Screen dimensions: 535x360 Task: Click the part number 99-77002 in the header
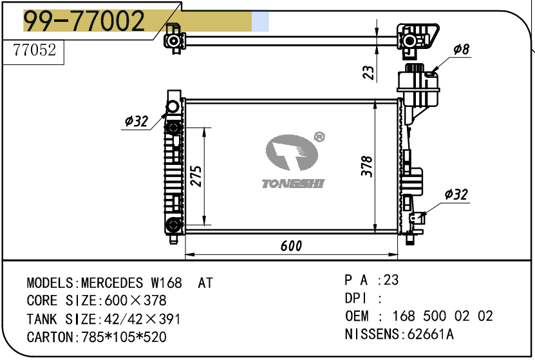click(x=84, y=21)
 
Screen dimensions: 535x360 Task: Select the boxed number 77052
click(x=35, y=50)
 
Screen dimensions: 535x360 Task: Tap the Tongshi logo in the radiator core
click(x=292, y=161)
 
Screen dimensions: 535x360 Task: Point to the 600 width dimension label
click(x=291, y=245)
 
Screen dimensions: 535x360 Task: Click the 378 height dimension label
click(x=367, y=166)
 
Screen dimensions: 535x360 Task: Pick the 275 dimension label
click(x=196, y=176)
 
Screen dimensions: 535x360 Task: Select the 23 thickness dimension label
click(x=368, y=72)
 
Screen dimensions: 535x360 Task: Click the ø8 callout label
click(x=462, y=50)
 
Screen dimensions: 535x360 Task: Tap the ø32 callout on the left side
click(x=136, y=121)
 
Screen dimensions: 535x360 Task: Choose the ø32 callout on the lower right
click(x=456, y=194)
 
